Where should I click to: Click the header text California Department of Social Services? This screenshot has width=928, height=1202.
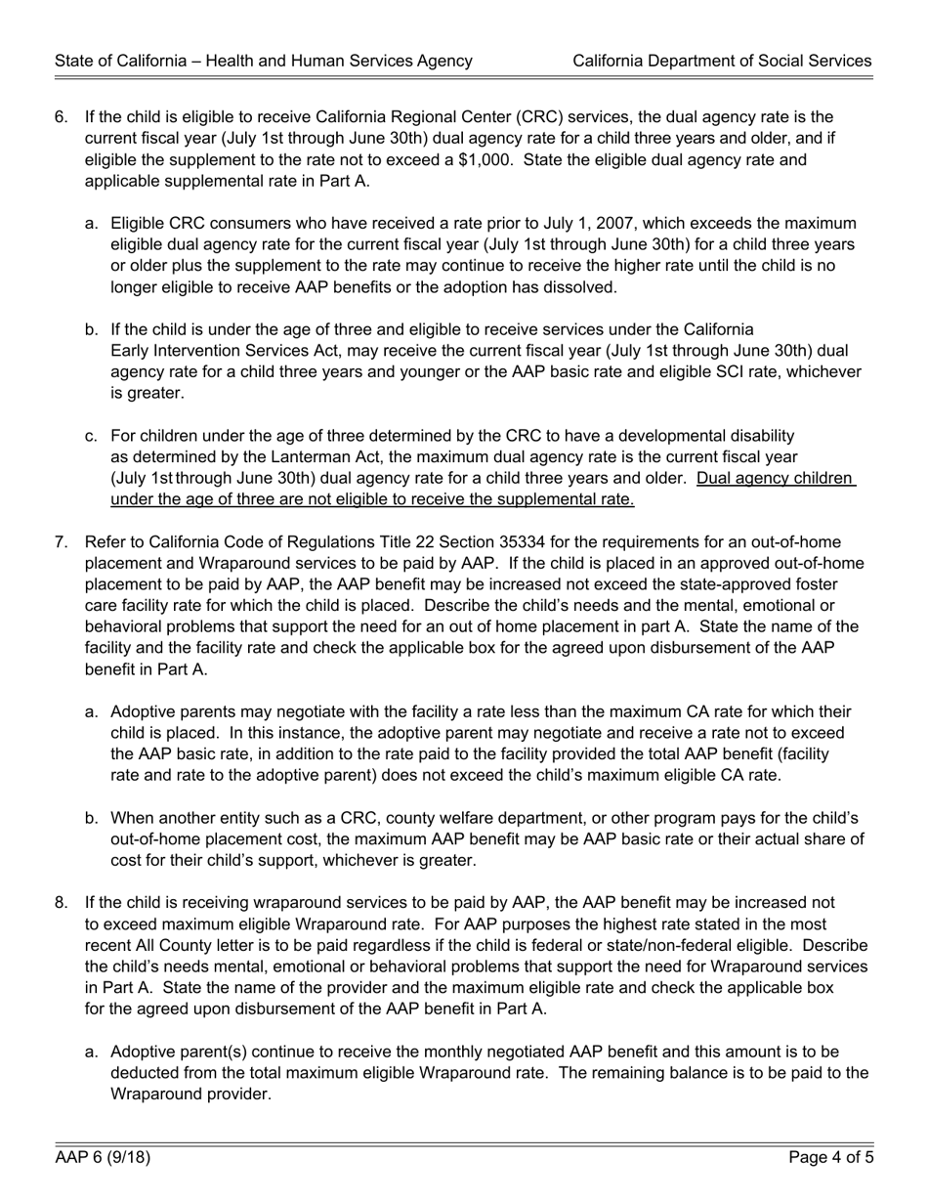pyautogui.click(x=722, y=61)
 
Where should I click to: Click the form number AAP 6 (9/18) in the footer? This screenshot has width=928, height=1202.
pyautogui.click(x=103, y=1158)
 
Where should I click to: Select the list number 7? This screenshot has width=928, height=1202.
pyautogui.click(x=61, y=542)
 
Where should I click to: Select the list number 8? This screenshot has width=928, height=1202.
pyautogui.click(x=61, y=903)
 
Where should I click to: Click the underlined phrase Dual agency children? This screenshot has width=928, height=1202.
pyautogui.click(x=776, y=478)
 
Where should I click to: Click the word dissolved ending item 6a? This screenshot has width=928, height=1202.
pyautogui.click(x=583, y=287)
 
